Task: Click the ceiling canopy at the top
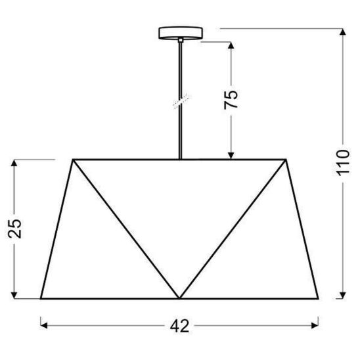(179, 32)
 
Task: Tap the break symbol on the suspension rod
(179, 99)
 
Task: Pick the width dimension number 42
(179, 325)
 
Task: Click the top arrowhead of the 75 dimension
(232, 45)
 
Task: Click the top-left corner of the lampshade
(73, 159)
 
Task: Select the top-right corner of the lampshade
(287, 159)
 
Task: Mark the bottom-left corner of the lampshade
(41, 298)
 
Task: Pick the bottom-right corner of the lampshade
(319, 298)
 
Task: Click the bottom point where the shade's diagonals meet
(179, 298)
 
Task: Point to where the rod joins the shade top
(179, 159)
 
